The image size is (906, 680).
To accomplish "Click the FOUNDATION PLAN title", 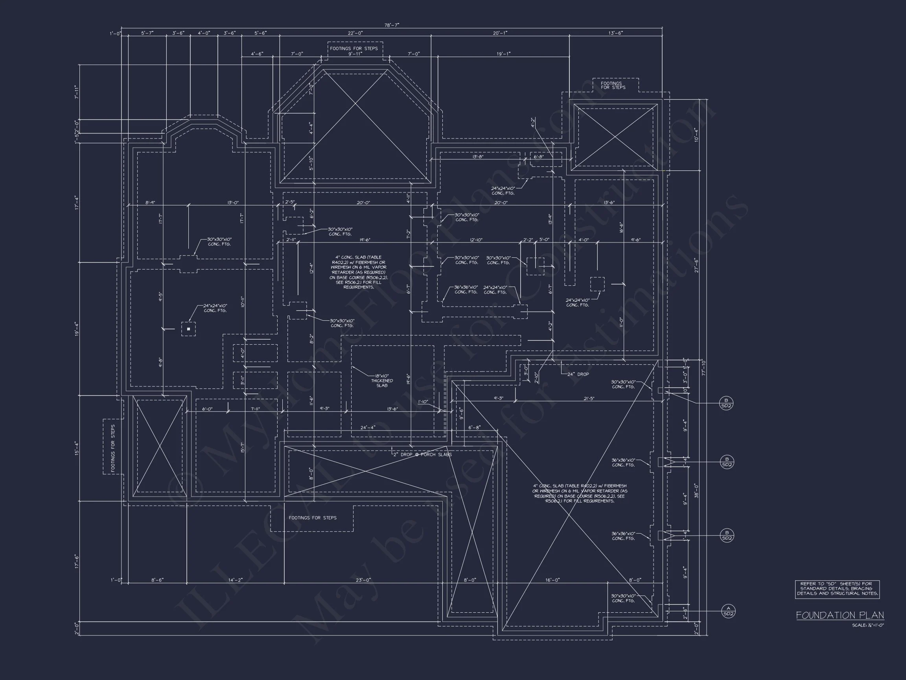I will click(840, 615).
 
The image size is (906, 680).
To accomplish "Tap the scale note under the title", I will click(868, 625).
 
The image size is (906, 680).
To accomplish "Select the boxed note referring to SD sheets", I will click(837, 589).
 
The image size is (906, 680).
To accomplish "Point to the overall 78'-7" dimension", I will click(392, 25).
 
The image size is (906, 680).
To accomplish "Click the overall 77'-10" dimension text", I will click(703, 367).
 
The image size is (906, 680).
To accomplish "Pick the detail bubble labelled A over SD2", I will click(728, 611).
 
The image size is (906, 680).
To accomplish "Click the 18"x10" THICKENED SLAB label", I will click(382, 381).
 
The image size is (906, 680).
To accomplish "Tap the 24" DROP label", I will click(578, 374).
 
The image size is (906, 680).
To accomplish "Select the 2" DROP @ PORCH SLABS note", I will click(422, 454).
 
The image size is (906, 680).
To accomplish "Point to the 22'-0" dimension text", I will click(355, 33).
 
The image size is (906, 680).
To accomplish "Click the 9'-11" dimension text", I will click(355, 54).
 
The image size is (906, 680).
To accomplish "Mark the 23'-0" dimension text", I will click(363, 580).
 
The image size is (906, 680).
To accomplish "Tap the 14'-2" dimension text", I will click(235, 580).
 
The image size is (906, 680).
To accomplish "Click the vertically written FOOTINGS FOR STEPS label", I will click(113, 448).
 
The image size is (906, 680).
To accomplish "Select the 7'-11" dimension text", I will click(77, 92).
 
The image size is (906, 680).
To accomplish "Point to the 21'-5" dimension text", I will click(589, 398).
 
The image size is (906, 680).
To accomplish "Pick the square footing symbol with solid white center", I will click(188, 329).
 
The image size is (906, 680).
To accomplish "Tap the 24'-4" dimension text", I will click(367, 427).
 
